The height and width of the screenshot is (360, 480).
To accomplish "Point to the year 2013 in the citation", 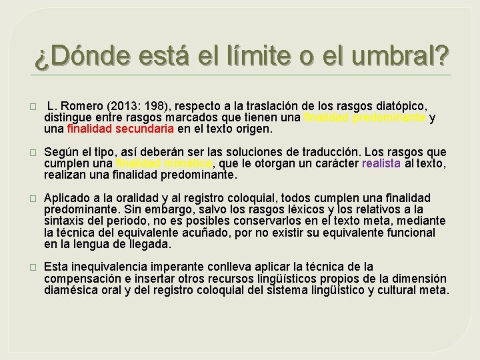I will tap(125, 107).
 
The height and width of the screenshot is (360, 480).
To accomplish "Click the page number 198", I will tap(153, 107).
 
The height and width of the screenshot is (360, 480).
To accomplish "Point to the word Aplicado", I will tap(67, 198).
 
